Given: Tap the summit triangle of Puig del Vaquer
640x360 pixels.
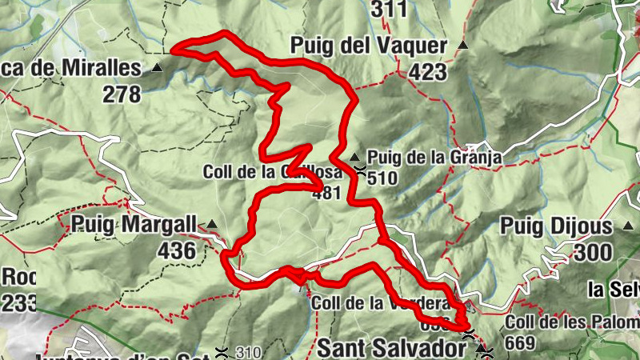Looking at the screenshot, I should pyautogui.click(x=463, y=46).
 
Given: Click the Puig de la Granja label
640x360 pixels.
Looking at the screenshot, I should pyautogui.click(x=434, y=158).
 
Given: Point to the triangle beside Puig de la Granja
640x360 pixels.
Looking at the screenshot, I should pyautogui.click(x=354, y=156).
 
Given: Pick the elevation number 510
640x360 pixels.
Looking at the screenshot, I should pyautogui.click(x=382, y=178).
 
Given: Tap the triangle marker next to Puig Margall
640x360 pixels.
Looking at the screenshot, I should pyautogui.click(x=212, y=224).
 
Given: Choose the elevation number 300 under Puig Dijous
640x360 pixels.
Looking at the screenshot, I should pyautogui.click(x=593, y=254).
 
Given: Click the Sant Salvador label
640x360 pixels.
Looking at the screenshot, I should pyautogui.click(x=392, y=349).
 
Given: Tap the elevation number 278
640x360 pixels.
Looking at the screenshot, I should pyautogui.click(x=122, y=94).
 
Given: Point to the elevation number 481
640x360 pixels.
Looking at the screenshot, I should pyautogui.click(x=327, y=193).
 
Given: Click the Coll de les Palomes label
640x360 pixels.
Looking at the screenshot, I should pyautogui.click(x=572, y=323).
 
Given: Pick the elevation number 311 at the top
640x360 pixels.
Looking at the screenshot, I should pyautogui.click(x=389, y=10).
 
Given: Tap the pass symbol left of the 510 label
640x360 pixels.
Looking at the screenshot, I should pyautogui.click(x=362, y=170).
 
